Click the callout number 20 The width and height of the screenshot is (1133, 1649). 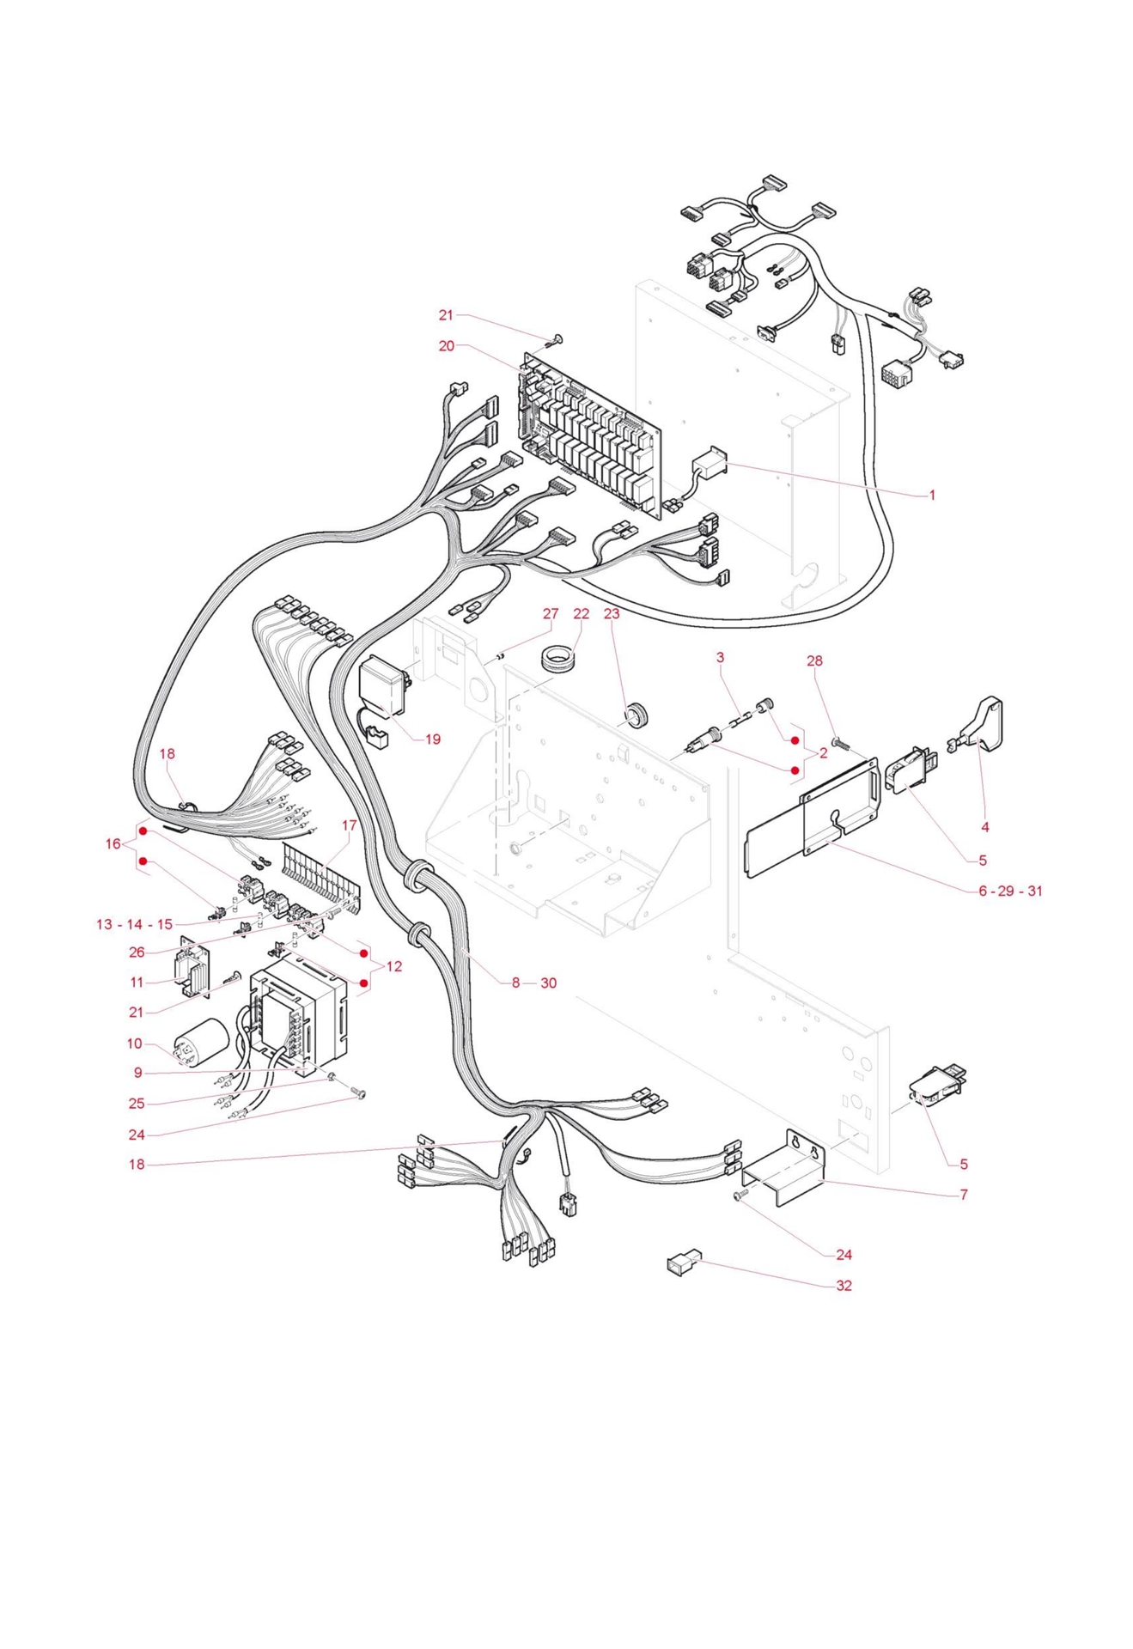446,346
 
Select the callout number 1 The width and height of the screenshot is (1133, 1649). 931,496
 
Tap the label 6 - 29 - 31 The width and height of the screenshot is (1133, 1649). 1010,891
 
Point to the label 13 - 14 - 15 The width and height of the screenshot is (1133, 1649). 134,925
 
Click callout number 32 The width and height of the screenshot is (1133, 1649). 844,1286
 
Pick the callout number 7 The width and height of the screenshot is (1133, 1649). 964,1195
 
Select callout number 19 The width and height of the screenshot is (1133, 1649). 432,739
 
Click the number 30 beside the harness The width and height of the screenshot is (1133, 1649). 548,983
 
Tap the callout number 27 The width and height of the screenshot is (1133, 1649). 551,614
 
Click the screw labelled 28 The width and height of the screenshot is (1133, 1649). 838,741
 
